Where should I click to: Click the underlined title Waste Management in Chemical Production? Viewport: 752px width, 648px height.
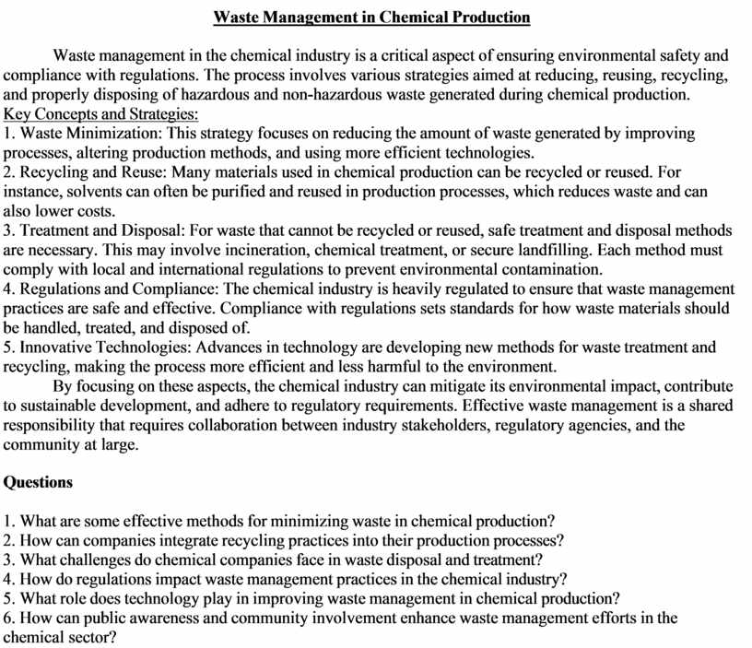coord(371,18)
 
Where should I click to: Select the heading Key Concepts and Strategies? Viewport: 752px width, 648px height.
coord(101,114)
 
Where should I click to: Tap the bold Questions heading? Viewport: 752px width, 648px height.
coord(39,482)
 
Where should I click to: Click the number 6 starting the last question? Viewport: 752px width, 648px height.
coord(8,618)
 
